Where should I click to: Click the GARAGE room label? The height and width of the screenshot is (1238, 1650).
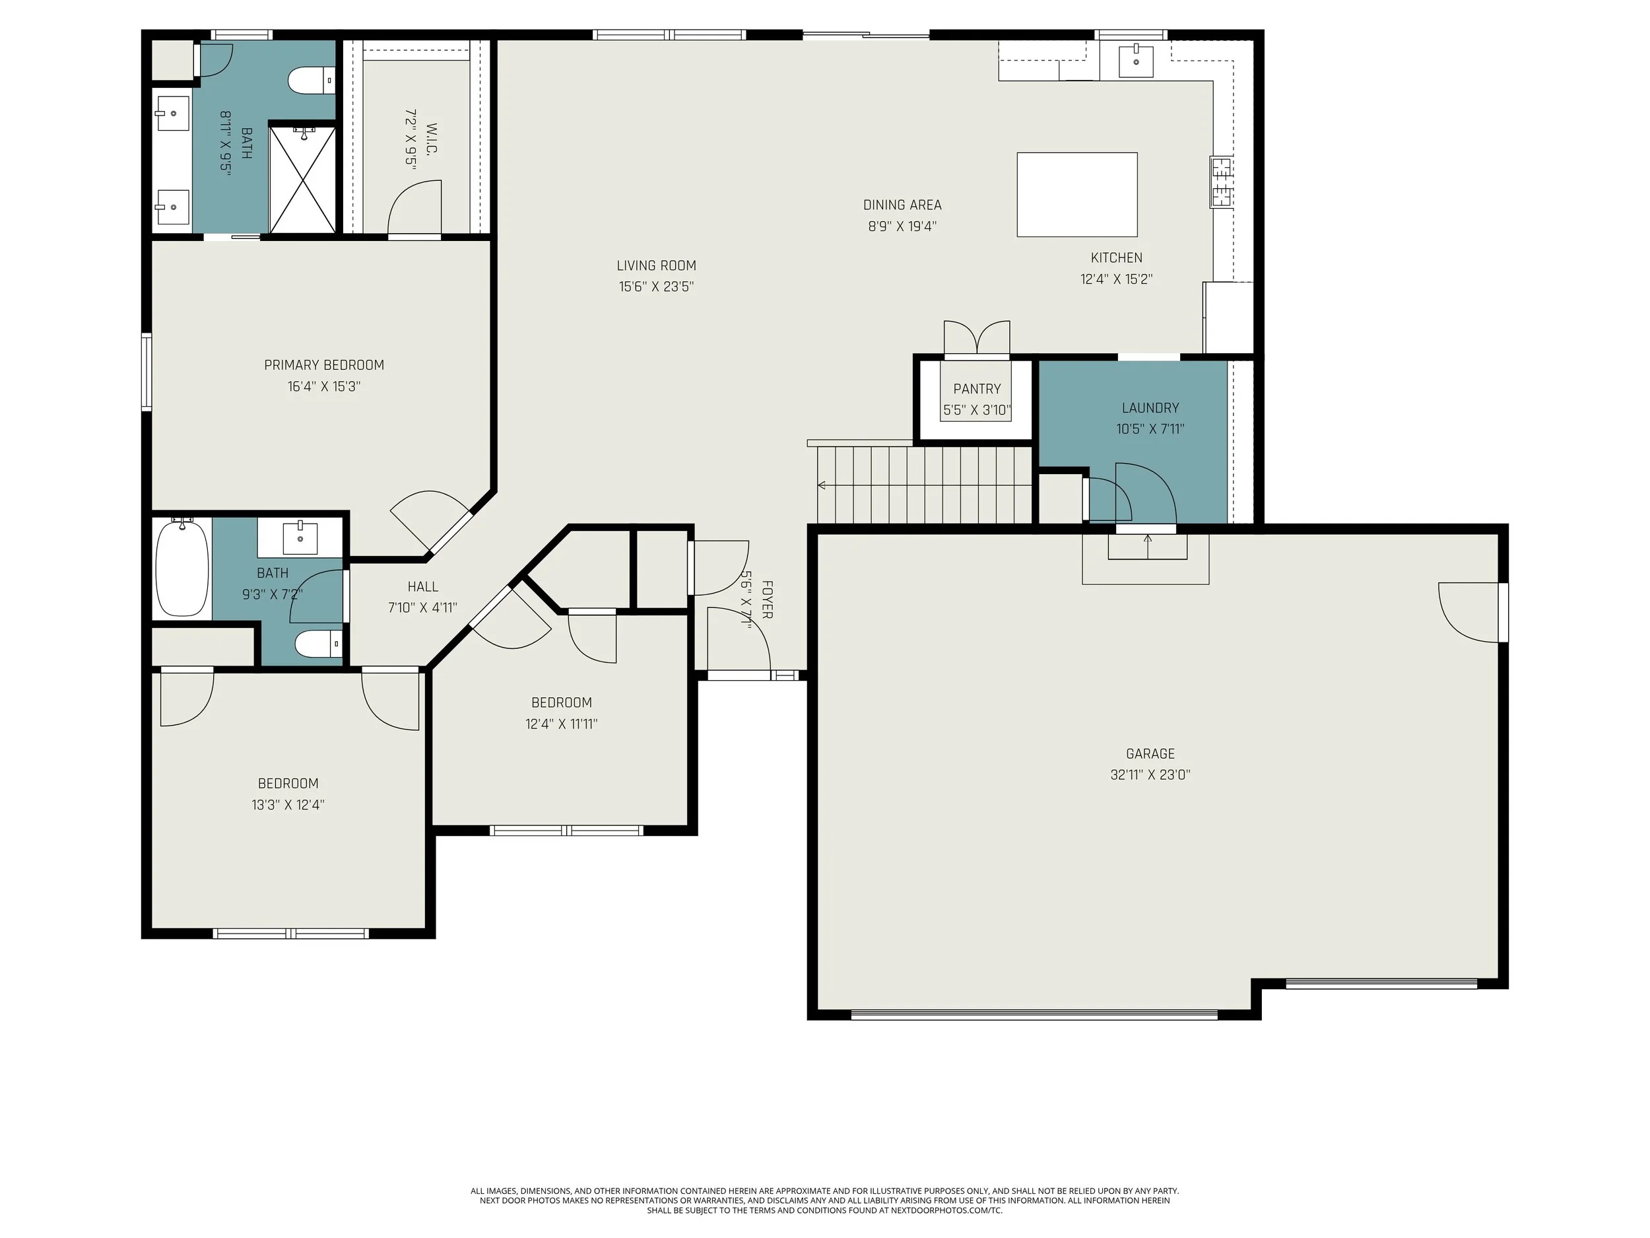[1150, 754]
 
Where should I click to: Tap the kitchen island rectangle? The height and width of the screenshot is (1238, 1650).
[1076, 195]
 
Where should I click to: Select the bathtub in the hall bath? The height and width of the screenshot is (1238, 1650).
[182, 567]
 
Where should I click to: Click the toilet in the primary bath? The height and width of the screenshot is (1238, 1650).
[310, 80]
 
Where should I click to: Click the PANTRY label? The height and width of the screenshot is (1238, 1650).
[976, 389]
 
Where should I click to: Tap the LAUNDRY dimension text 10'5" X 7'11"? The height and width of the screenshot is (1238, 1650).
[1150, 429]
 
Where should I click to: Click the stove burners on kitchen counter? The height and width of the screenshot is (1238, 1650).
[1221, 182]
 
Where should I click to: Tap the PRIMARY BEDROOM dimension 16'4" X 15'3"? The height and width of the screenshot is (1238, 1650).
[324, 386]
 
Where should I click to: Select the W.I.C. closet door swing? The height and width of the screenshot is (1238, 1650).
[414, 209]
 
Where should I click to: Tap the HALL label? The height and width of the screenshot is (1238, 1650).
[422, 586]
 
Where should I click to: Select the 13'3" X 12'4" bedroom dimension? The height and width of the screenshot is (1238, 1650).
[288, 804]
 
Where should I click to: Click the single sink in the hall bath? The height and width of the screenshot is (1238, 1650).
[300, 537]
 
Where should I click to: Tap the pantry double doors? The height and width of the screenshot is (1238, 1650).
[976, 337]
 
